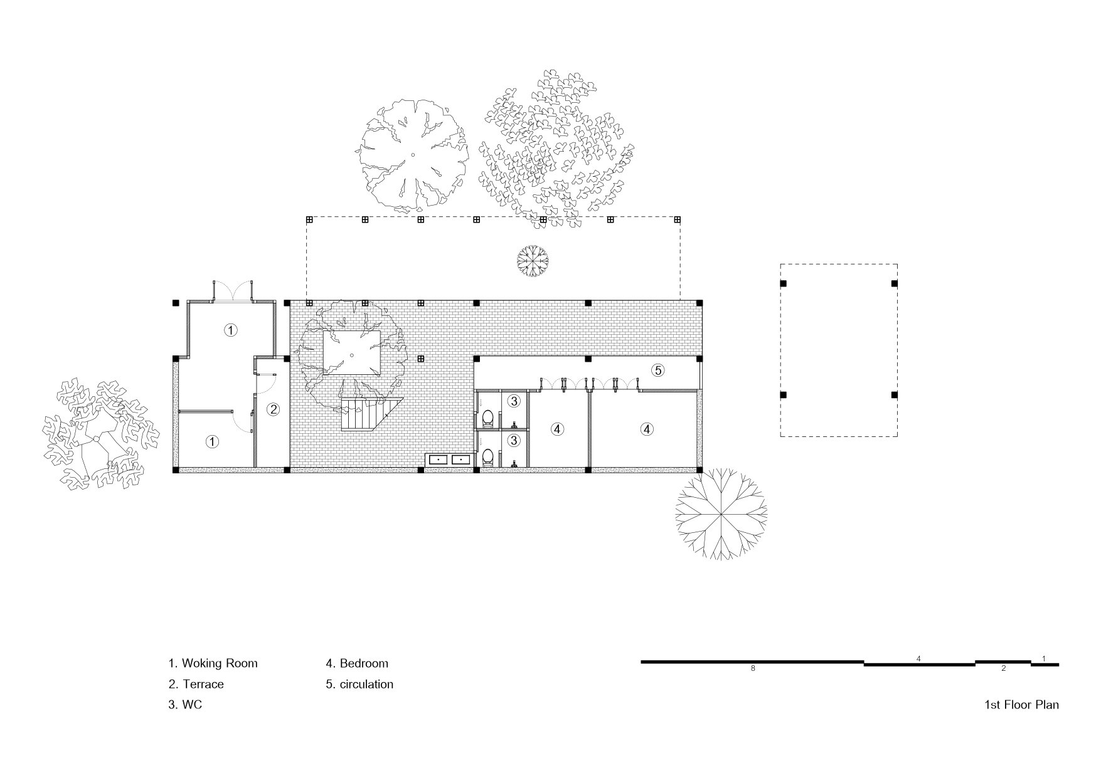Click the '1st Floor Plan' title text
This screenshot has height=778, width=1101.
1021,705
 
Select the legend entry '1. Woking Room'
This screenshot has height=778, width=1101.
213,663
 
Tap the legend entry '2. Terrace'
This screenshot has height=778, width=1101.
196,684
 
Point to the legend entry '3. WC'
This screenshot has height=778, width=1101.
185,705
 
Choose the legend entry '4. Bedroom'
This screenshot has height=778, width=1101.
357,663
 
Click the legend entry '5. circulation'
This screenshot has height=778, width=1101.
359,684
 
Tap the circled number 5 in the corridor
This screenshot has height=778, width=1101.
657,371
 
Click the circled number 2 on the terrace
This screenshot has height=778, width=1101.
273,409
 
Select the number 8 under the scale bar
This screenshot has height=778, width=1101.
753,669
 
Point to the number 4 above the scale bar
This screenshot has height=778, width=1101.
918,659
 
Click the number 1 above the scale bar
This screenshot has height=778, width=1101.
1043,659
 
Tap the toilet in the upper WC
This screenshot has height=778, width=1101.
487,418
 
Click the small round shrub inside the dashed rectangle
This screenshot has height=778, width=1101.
533,261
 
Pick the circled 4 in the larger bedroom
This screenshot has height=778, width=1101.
647,429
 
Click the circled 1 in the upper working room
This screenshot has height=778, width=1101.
231,330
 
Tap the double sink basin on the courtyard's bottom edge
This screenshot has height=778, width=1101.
449,460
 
